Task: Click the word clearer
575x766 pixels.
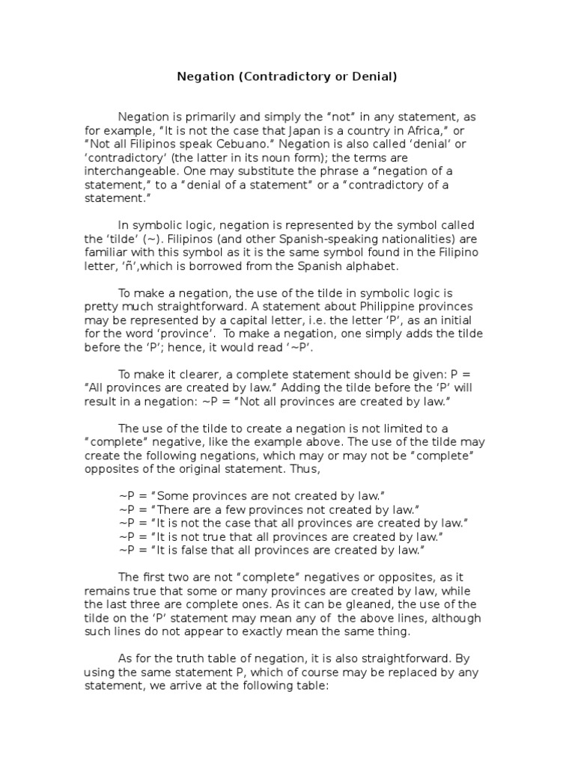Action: coord(189,375)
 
